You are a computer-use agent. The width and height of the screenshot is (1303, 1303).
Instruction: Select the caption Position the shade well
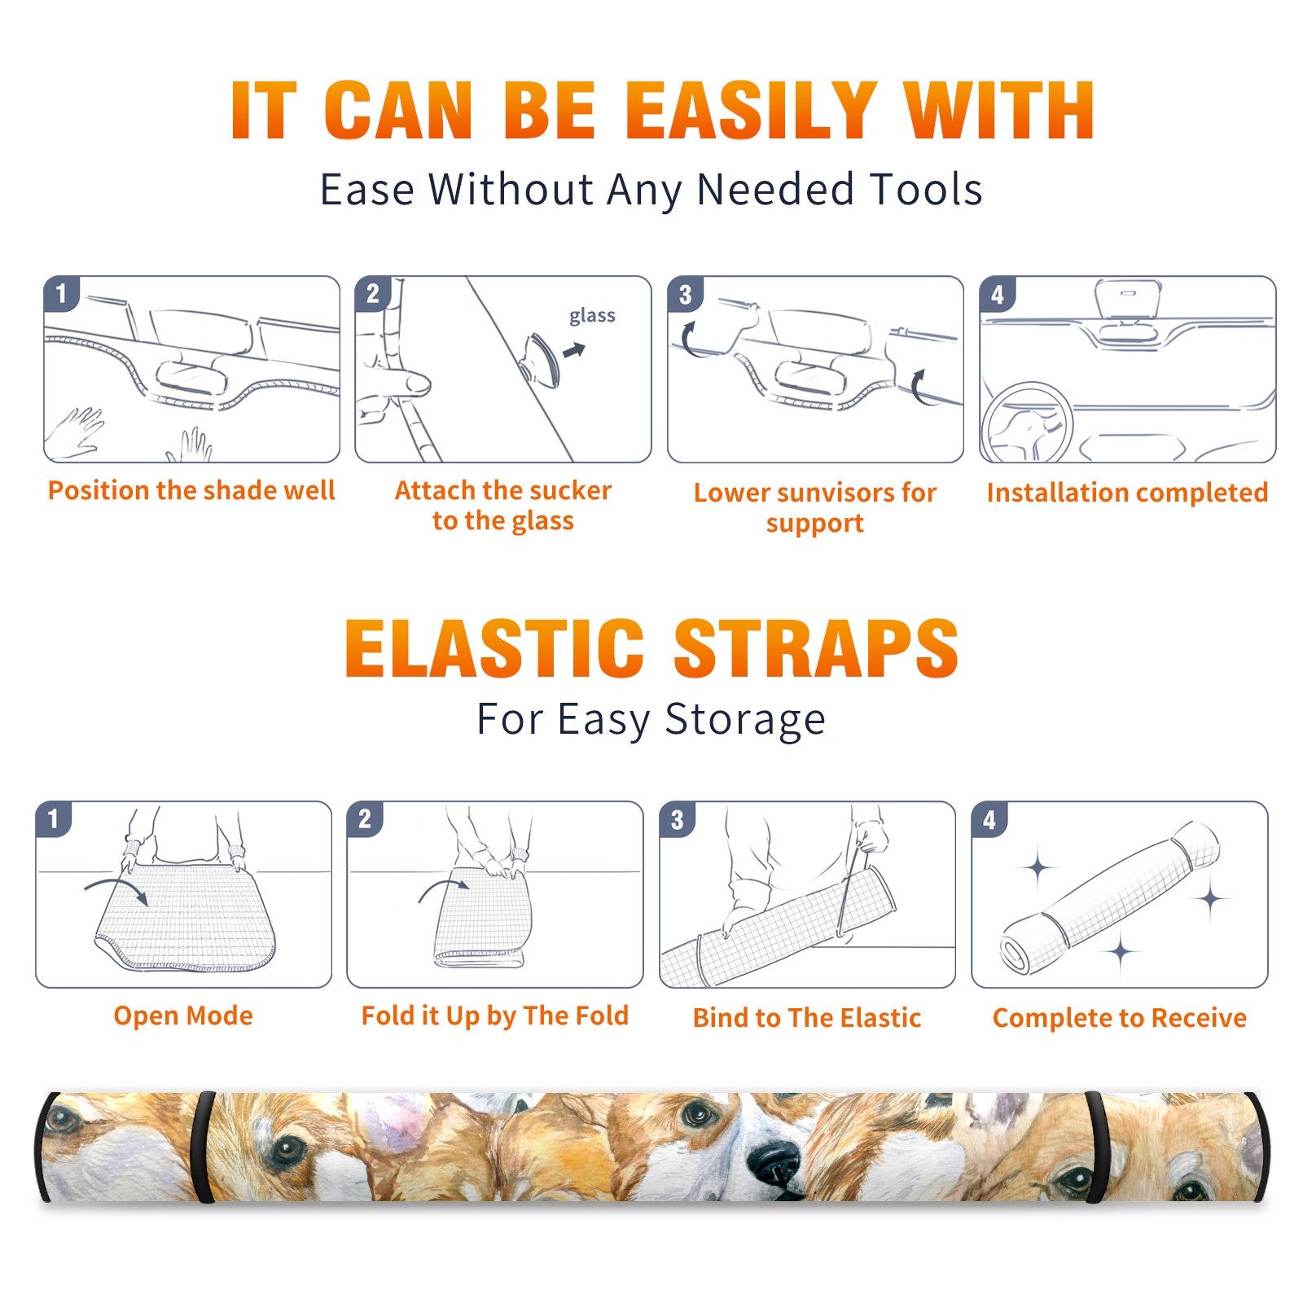point(191,491)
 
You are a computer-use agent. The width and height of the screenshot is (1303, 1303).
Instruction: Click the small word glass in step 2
point(592,316)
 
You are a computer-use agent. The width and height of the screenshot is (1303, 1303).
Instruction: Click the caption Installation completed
point(1127,493)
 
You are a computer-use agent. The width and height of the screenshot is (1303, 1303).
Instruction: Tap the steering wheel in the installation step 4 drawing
point(1027,423)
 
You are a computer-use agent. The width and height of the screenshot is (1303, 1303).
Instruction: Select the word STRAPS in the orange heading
point(816,648)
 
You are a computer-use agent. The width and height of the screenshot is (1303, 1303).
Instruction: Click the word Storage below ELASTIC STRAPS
point(745,721)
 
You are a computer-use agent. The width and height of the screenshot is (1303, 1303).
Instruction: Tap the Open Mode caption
point(183,1016)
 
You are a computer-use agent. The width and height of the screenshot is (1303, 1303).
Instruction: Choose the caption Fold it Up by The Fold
point(495,1016)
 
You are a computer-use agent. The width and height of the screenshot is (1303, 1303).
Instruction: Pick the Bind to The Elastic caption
point(807,1018)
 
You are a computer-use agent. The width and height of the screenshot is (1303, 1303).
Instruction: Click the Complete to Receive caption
point(1120,1018)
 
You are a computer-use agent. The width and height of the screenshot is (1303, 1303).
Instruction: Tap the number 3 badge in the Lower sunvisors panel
point(685,294)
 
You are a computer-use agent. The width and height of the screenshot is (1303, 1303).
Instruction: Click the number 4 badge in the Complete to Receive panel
point(989,819)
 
